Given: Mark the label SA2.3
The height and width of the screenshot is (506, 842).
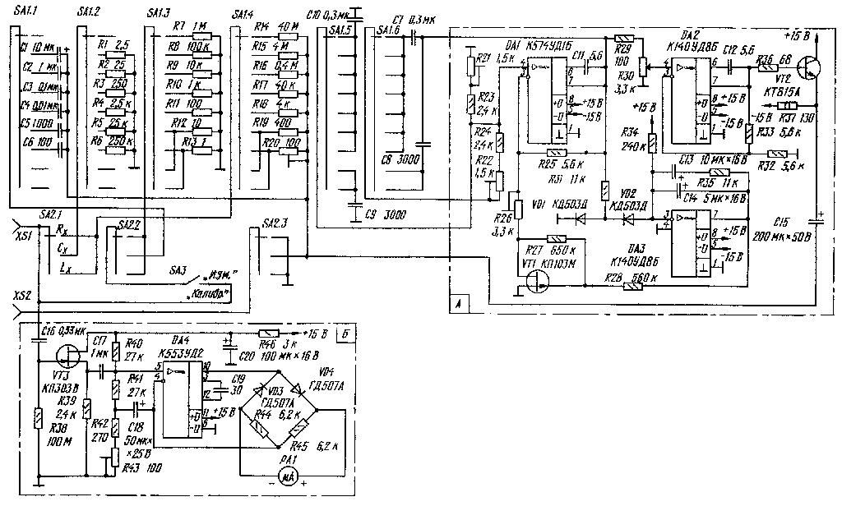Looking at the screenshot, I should [273, 223].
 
